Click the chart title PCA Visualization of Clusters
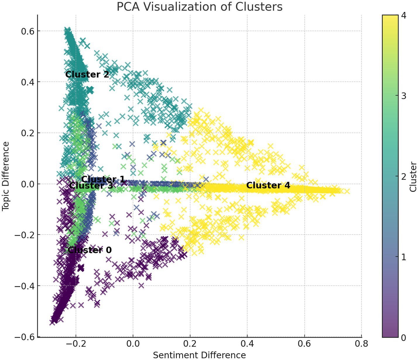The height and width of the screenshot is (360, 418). coord(199,7)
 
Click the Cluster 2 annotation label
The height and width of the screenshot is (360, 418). coord(87,75)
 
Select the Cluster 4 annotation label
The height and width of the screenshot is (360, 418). coord(268,185)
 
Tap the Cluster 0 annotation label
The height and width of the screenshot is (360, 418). coord(90,250)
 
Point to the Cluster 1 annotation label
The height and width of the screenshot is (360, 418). coord(103,179)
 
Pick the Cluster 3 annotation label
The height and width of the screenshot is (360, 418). coord(91,186)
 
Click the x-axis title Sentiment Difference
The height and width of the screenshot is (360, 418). coord(199,355)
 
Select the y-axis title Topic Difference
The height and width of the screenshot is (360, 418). coord(6,176)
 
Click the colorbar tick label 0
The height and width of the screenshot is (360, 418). coord(404,338)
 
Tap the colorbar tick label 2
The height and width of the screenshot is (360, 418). coord(404,176)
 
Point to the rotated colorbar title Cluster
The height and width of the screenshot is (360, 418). coord(413,176)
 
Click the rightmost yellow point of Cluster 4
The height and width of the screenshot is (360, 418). coord(347,192)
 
